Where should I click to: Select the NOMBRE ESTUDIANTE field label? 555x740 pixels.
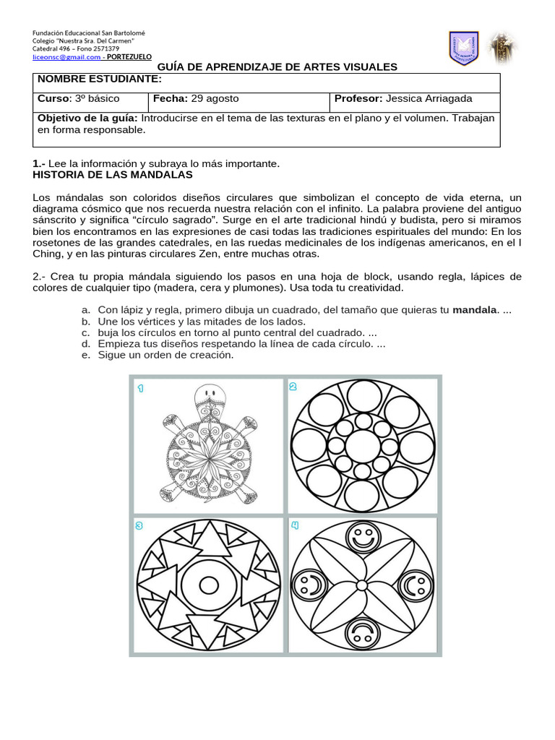(x=100, y=79)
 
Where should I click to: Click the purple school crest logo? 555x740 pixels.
(x=463, y=48)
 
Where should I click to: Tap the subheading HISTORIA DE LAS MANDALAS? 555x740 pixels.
(x=113, y=175)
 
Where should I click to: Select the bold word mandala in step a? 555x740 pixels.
(x=474, y=310)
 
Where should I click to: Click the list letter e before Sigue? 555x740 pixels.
(x=85, y=355)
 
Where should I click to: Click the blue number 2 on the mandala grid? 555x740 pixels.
(x=293, y=387)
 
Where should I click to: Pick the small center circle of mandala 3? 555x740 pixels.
(x=209, y=585)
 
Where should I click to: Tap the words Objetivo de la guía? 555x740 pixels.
(x=87, y=118)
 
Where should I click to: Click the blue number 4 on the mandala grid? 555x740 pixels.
(x=295, y=525)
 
